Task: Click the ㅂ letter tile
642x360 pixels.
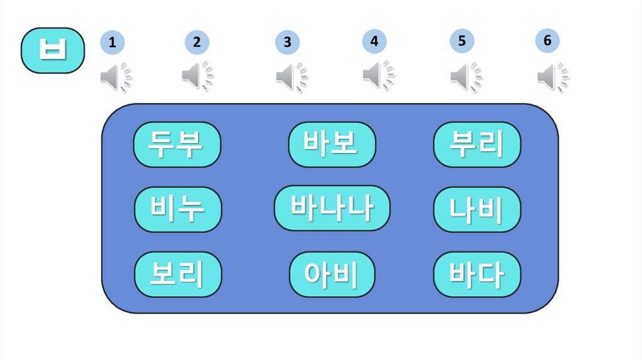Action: tap(53, 50)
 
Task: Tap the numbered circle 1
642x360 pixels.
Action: tap(112, 43)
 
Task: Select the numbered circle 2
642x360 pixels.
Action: tap(197, 43)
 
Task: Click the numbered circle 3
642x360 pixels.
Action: tap(287, 43)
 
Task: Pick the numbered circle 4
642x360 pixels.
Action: tap(374, 41)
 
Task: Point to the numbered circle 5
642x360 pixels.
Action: tap(461, 41)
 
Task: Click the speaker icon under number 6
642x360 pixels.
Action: tap(552, 77)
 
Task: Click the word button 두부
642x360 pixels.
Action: tap(177, 144)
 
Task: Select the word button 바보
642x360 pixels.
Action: tap(332, 144)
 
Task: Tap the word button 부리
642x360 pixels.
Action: tap(477, 144)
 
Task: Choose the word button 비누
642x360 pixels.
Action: tap(178, 209)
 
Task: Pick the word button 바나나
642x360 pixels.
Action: tap(332, 208)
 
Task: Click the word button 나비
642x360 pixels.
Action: tap(477, 209)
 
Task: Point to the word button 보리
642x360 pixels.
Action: tap(178, 274)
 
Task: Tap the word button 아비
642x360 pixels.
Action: tap(332, 274)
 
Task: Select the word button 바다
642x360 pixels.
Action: tap(477, 274)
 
